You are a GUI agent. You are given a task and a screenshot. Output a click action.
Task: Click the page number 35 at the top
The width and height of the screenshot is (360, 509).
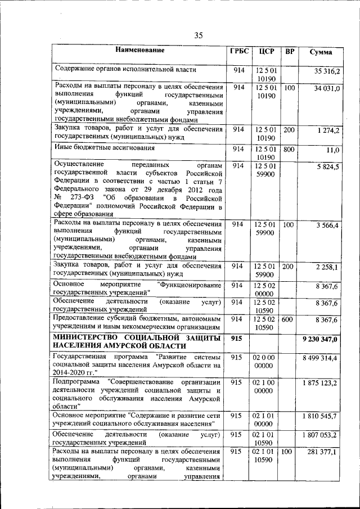click(x=199, y=35)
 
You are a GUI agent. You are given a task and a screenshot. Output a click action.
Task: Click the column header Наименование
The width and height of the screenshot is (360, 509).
click(x=140, y=50)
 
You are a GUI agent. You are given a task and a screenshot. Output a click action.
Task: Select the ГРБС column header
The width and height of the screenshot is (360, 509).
click(x=238, y=52)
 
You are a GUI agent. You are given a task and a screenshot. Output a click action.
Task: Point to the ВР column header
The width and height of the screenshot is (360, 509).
click(x=290, y=52)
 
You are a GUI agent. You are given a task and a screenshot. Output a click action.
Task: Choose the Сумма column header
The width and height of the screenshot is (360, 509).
click(x=321, y=52)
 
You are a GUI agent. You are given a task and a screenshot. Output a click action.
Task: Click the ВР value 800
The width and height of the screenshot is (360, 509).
click(x=289, y=149)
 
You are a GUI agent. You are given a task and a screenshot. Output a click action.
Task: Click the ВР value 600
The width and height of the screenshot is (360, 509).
click(x=289, y=319)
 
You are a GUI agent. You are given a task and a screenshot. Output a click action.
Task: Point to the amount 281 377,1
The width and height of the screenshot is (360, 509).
click(x=323, y=452)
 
